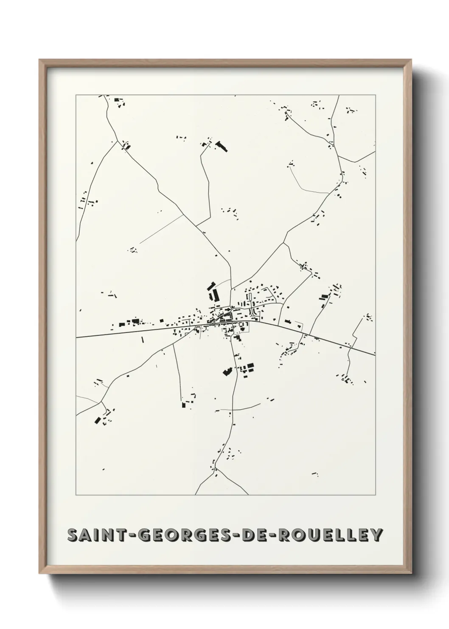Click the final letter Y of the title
[x=377, y=535]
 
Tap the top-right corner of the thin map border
[x=375, y=95]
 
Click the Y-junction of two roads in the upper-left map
[x=117, y=143]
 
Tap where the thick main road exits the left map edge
[x=76, y=337]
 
